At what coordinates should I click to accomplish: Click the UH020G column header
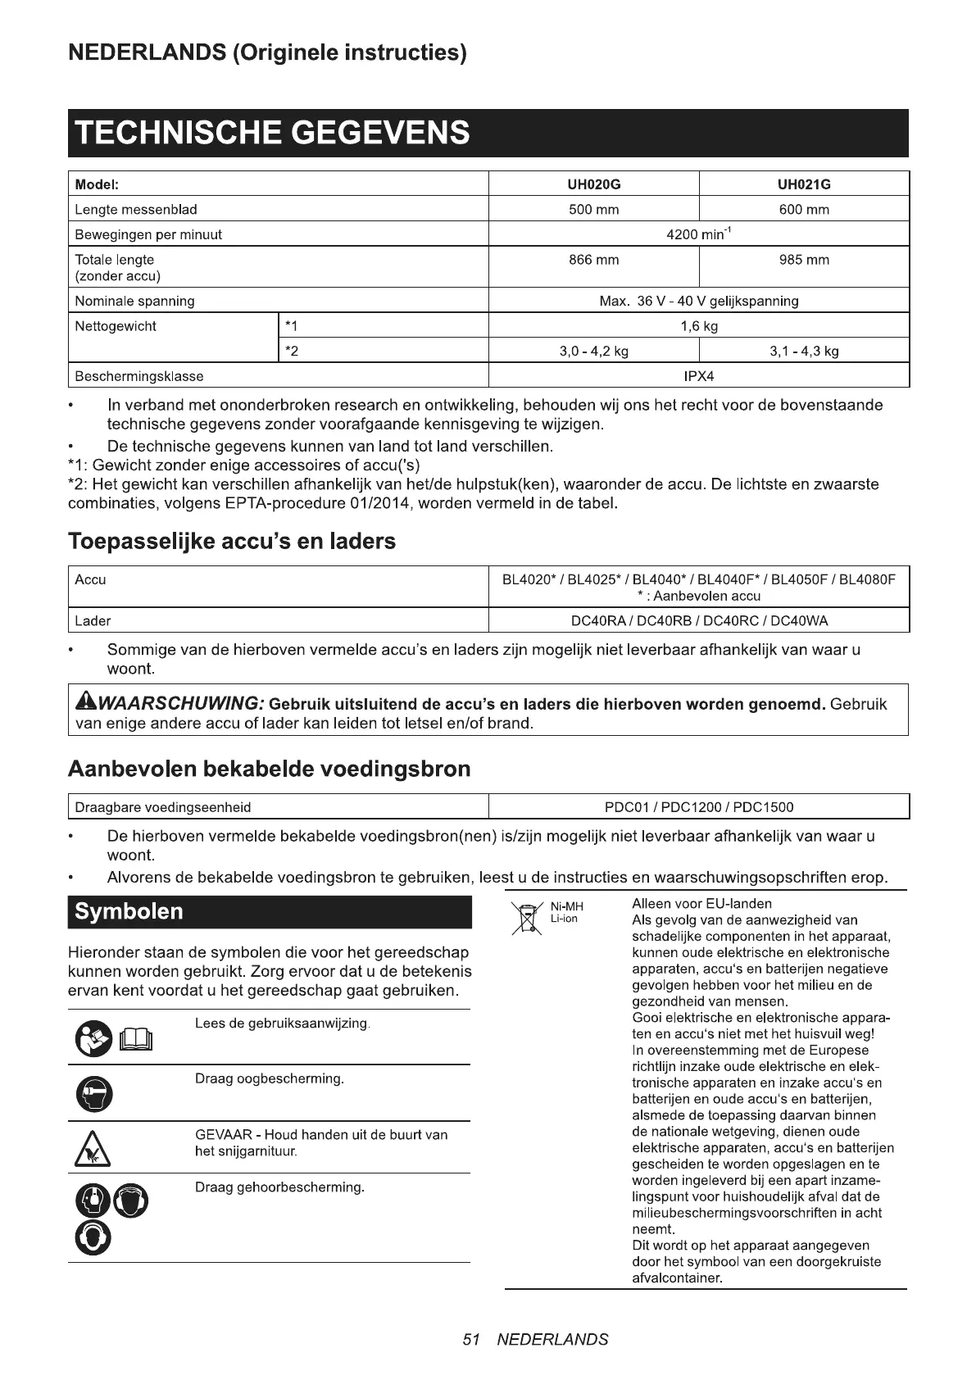pyautogui.click(x=593, y=184)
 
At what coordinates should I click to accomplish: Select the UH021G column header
pyautogui.click(x=804, y=184)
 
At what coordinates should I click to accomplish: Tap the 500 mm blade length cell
pyautogui.click(x=593, y=210)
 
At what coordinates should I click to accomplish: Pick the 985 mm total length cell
pyautogui.click(x=804, y=261)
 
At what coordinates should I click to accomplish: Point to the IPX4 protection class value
pyautogui.click(x=698, y=376)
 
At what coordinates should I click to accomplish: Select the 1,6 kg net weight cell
pyautogui.click(x=698, y=326)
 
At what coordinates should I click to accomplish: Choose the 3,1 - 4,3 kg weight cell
pyautogui.click(x=804, y=352)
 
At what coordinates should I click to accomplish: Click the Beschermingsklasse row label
pyautogui.click(x=139, y=376)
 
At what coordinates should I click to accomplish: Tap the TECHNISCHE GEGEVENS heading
pyautogui.click(x=273, y=133)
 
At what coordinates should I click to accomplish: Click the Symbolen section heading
pyautogui.click(x=129, y=912)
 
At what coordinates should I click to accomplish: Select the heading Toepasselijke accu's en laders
pyautogui.click(x=232, y=542)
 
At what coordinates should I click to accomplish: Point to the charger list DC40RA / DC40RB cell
pyautogui.click(x=698, y=620)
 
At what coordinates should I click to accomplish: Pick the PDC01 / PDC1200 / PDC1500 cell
pyautogui.click(x=698, y=807)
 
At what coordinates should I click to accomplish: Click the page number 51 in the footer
pyautogui.click(x=470, y=1340)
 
